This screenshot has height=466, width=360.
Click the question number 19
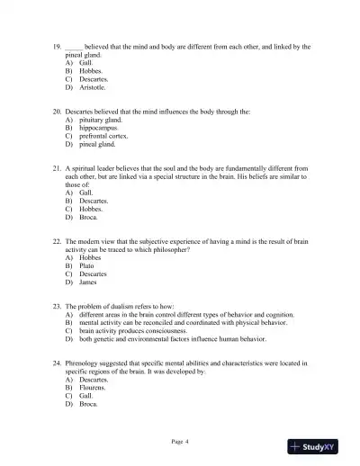(x=57, y=46)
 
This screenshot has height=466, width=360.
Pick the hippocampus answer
(x=97, y=127)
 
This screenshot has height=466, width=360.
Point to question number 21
(x=57, y=167)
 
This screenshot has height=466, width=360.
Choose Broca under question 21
(x=88, y=217)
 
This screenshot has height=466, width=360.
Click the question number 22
(x=57, y=241)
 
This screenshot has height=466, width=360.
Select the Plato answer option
(x=88, y=265)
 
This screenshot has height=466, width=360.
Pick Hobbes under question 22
(x=90, y=257)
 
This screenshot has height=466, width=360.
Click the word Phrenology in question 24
(x=85, y=363)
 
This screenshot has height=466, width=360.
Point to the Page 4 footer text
(x=180, y=440)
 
